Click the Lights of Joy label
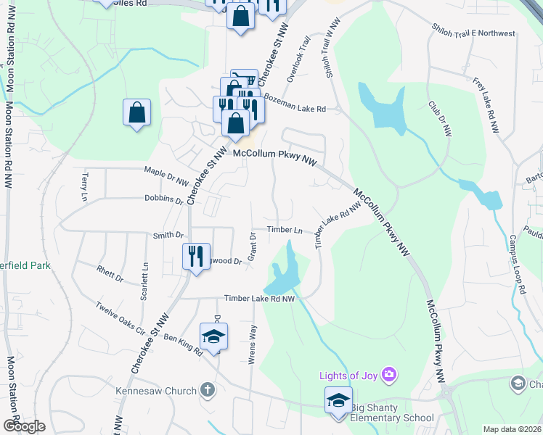click(x=351, y=375)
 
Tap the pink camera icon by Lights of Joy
click(x=390, y=374)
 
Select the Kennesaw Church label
click(x=156, y=391)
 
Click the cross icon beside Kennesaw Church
click(x=208, y=390)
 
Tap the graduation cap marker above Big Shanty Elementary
click(x=338, y=400)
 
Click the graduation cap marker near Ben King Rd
click(x=213, y=336)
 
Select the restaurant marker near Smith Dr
click(x=196, y=256)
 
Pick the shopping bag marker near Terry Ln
click(x=136, y=112)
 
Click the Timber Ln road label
click(x=285, y=230)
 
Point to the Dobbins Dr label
click(x=163, y=199)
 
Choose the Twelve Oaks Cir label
click(x=121, y=318)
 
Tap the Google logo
click(x=24, y=426)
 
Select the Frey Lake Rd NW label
click(x=485, y=105)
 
